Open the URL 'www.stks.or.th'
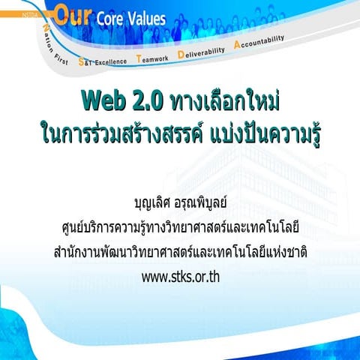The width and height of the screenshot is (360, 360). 180,275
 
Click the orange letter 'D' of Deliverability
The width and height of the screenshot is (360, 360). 181,53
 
